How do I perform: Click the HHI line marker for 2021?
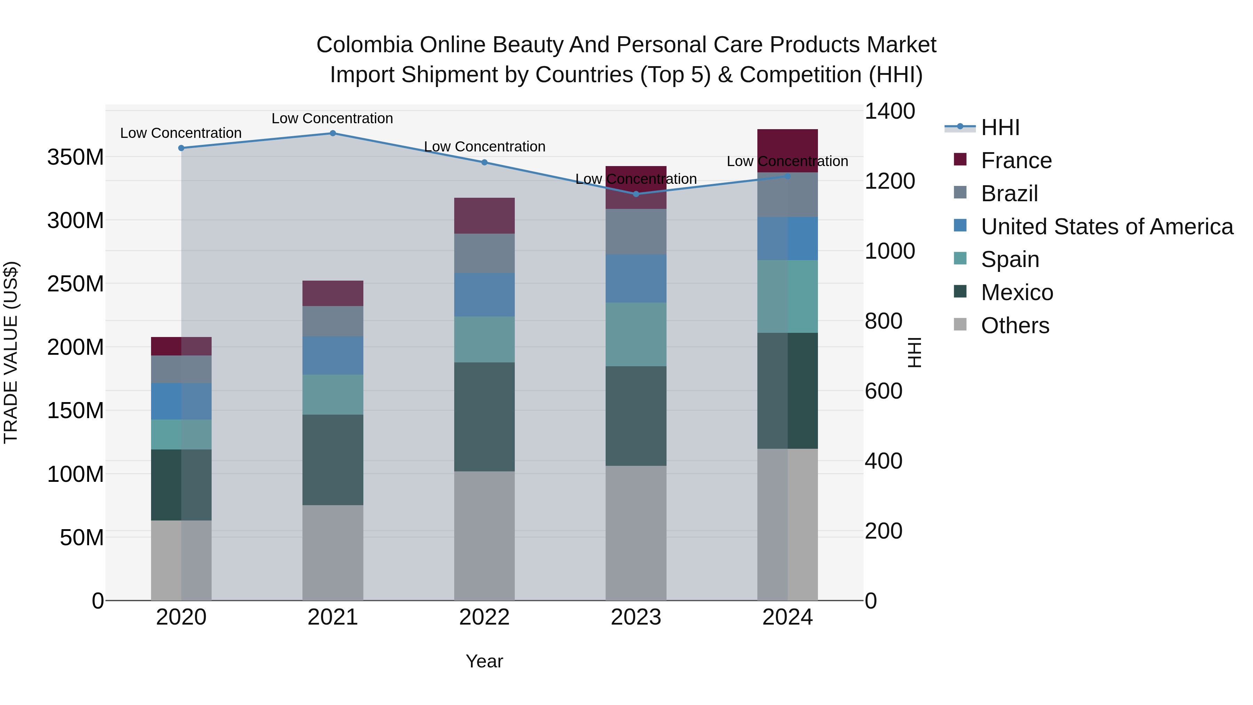(x=333, y=133)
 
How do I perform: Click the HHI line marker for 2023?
(x=636, y=194)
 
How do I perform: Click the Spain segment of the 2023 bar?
(x=636, y=334)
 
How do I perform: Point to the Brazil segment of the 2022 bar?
(x=484, y=253)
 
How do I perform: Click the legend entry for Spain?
(x=1009, y=259)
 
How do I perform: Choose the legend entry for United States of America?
(x=1106, y=227)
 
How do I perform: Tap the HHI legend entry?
(x=1000, y=127)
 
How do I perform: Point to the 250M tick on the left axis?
(x=76, y=284)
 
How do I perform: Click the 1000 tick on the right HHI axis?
(x=889, y=251)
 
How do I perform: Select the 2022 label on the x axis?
(x=484, y=617)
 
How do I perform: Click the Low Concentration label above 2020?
(x=181, y=133)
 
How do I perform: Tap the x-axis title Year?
(x=484, y=661)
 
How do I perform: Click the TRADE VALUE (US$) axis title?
(x=11, y=352)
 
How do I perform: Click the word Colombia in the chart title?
(x=364, y=45)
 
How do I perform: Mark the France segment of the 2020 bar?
(x=181, y=346)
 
